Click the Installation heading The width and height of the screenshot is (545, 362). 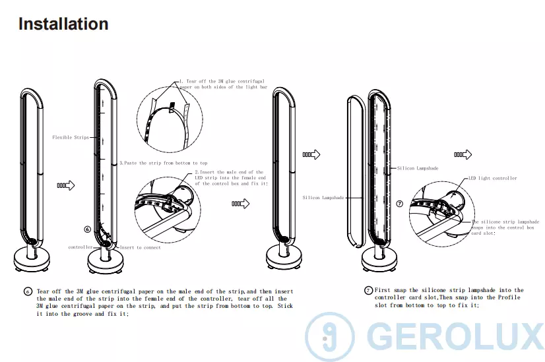point(63,24)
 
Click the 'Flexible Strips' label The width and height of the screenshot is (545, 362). point(71,138)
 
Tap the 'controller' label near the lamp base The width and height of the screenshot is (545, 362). point(80,247)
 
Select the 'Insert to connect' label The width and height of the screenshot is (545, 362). point(139,247)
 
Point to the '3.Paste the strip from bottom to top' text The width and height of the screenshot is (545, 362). point(163,163)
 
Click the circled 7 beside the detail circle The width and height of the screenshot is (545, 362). point(399,204)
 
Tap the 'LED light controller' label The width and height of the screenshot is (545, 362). point(493,178)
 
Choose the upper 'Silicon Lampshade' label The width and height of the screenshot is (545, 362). point(418,169)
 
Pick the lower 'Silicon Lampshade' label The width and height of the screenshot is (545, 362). point(323,198)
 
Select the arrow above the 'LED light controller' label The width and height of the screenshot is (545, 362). point(463,154)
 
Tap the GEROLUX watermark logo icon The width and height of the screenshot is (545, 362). point(329,338)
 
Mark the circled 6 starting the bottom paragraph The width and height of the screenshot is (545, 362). point(28,291)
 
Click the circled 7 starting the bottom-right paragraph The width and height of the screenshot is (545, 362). point(368,290)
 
